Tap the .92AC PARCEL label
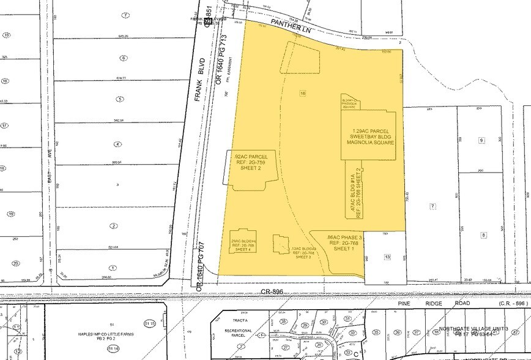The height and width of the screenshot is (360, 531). (x=250, y=157)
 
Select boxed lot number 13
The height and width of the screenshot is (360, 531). (x=387, y=258)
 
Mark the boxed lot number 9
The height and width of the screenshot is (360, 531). (x=481, y=140)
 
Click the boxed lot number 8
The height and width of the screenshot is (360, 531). (x=483, y=234)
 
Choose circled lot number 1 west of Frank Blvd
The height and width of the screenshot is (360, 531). (x=113, y=267)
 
